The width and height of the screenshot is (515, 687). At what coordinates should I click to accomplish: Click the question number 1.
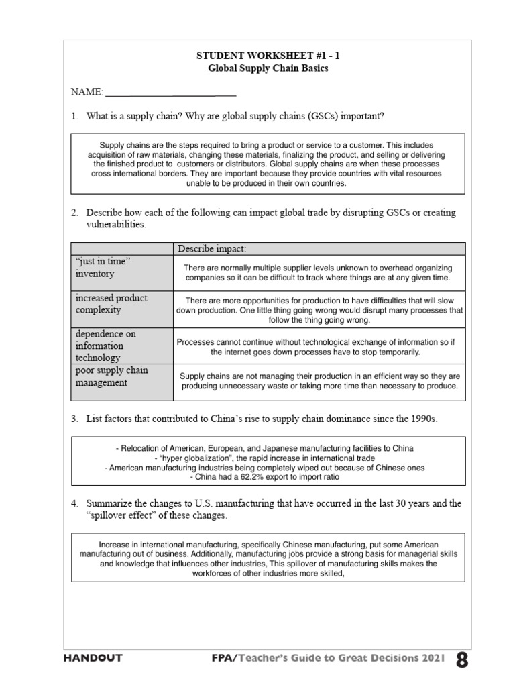click(74, 116)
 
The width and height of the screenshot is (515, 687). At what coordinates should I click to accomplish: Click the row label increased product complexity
click(110, 304)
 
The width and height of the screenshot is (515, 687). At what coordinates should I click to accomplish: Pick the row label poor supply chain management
click(111, 376)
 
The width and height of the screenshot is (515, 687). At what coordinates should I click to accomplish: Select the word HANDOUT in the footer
click(93, 658)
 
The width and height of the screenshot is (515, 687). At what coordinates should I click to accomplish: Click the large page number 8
click(462, 659)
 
